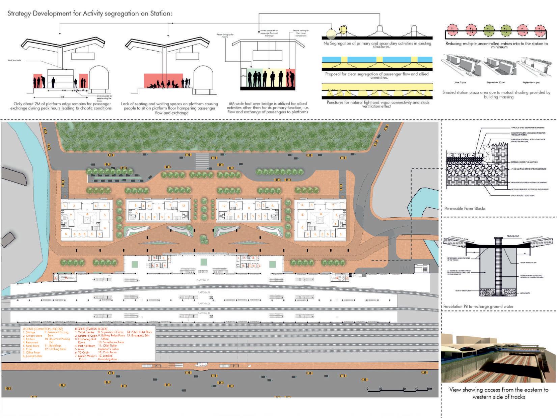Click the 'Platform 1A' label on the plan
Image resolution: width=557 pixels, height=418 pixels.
pyautogui.click(x=203, y=280)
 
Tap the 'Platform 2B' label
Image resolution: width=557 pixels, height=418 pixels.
pyautogui.click(x=203, y=313)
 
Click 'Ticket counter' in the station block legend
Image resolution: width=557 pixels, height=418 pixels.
pyautogui.click(x=86, y=332)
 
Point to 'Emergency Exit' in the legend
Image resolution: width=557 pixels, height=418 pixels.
pyautogui.click(x=140, y=336)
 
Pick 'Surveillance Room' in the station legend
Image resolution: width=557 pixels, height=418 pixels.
pyautogui.click(x=113, y=342)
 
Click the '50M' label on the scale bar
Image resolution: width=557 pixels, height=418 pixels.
pyautogui.click(x=429, y=389)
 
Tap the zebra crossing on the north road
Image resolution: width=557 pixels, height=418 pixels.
pyautogui.click(x=202, y=161)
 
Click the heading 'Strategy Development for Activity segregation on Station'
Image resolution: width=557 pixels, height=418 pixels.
pyautogui.click(x=90, y=14)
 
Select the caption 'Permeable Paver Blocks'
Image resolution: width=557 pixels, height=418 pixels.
pyautogui.click(x=465, y=208)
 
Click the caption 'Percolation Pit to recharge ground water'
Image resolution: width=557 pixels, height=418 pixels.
pyautogui.click(x=478, y=306)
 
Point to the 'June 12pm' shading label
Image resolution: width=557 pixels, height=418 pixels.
pyautogui.click(x=460, y=83)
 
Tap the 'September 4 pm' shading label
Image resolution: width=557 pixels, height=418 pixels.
pyautogui.click(x=531, y=83)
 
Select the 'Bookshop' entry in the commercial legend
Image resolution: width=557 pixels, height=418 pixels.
pyautogui.click(x=55, y=346)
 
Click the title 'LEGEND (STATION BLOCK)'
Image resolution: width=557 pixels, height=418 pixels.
pyautogui.click(x=91, y=329)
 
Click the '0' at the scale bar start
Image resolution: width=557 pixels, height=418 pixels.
pyautogui.click(x=367, y=389)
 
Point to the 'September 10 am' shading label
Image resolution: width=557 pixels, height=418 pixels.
pyautogui.click(x=496, y=83)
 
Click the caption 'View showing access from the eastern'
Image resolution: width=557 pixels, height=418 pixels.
pyautogui.click(x=499, y=390)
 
